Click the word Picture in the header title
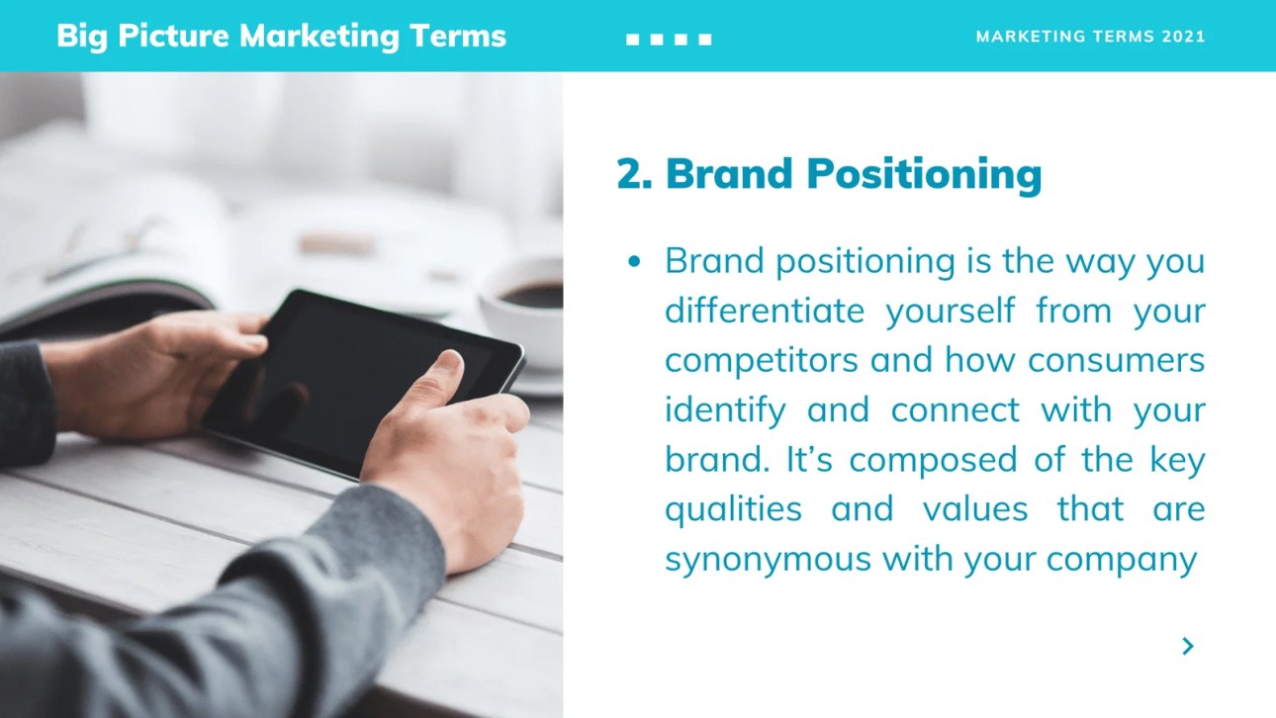[174, 36]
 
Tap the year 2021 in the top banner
[1184, 37]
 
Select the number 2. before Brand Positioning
[634, 173]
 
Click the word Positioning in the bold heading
[925, 175]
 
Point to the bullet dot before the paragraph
[634, 261]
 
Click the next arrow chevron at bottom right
[1188, 646]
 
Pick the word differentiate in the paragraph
[765, 311]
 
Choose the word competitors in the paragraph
[762, 361]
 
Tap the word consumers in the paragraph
[1117, 361]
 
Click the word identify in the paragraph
[726, 410]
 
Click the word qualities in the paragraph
[734, 509]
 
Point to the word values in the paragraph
[975, 508]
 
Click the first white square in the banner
[632, 40]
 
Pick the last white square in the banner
[705, 40]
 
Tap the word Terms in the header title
[457, 36]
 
